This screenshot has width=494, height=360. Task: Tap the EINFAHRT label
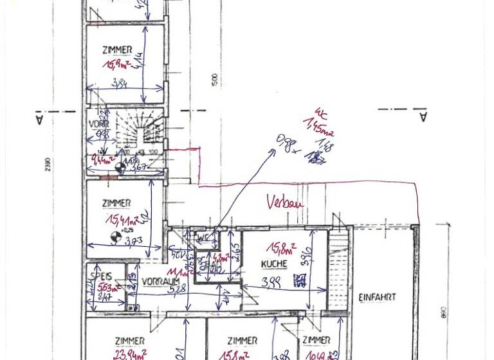(x=377, y=298)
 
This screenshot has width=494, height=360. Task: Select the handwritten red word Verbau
(x=284, y=203)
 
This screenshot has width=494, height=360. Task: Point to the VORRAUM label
(x=160, y=282)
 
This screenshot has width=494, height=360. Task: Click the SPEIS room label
(x=101, y=276)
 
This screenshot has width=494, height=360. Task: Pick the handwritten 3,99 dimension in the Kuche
(x=271, y=282)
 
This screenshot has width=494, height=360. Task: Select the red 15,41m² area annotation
(x=122, y=221)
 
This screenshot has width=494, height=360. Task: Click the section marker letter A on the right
(x=423, y=117)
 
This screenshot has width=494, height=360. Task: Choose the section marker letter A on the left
(x=39, y=120)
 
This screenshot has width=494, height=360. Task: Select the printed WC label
(x=203, y=239)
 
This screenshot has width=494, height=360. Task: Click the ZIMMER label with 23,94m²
(x=130, y=341)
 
